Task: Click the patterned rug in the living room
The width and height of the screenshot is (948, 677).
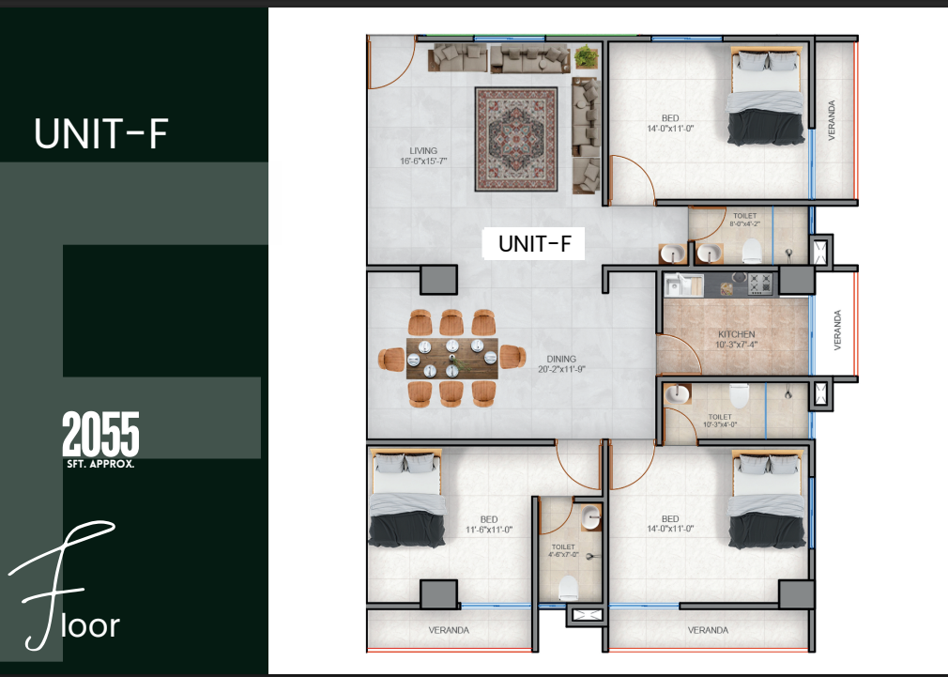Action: [x=515, y=139]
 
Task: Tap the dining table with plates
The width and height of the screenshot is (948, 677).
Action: [x=452, y=358]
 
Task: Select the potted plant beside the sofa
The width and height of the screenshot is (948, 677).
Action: [x=586, y=56]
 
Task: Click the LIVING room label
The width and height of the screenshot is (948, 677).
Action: [x=423, y=150]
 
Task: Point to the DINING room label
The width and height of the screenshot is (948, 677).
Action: [x=561, y=359]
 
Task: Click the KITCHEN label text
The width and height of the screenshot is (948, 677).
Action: [x=737, y=334]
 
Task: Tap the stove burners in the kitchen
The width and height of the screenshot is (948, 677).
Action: [x=760, y=284]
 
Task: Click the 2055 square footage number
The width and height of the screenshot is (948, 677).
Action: [x=101, y=434]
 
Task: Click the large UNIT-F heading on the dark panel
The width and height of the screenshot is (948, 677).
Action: [x=101, y=133]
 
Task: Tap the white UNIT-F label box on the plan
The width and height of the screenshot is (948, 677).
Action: [x=533, y=244]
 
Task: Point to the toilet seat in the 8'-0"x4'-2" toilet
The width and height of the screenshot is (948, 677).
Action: [x=752, y=251]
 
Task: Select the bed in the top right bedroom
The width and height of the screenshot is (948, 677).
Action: [x=766, y=97]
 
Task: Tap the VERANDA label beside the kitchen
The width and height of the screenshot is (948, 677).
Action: [x=837, y=330]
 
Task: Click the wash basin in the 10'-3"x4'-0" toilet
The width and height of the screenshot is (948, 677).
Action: [x=677, y=393]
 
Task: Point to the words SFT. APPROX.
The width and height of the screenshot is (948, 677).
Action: [x=100, y=464]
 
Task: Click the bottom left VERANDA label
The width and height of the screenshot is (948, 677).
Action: [x=449, y=630]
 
